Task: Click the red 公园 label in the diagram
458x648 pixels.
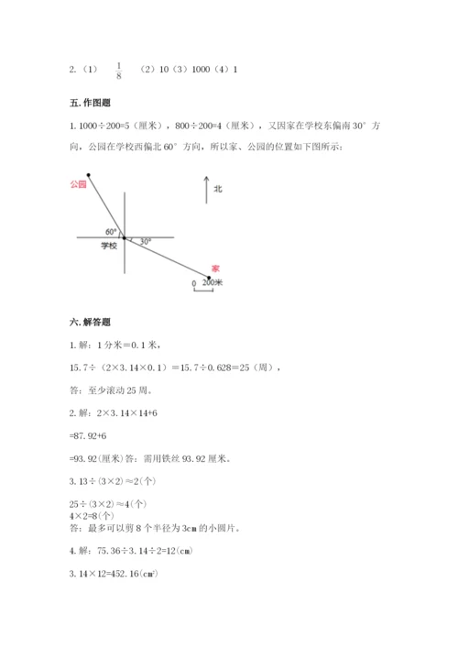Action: (x=77, y=184)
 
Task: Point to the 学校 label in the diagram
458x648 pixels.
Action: (x=109, y=247)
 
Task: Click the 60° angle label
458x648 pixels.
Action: (x=111, y=231)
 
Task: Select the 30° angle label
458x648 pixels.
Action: (x=146, y=242)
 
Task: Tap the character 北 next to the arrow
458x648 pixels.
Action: (x=218, y=189)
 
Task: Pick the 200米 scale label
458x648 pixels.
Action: (x=213, y=283)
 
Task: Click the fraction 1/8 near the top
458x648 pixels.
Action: (x=119, y=70)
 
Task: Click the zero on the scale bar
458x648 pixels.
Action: (x=193, y=284)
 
